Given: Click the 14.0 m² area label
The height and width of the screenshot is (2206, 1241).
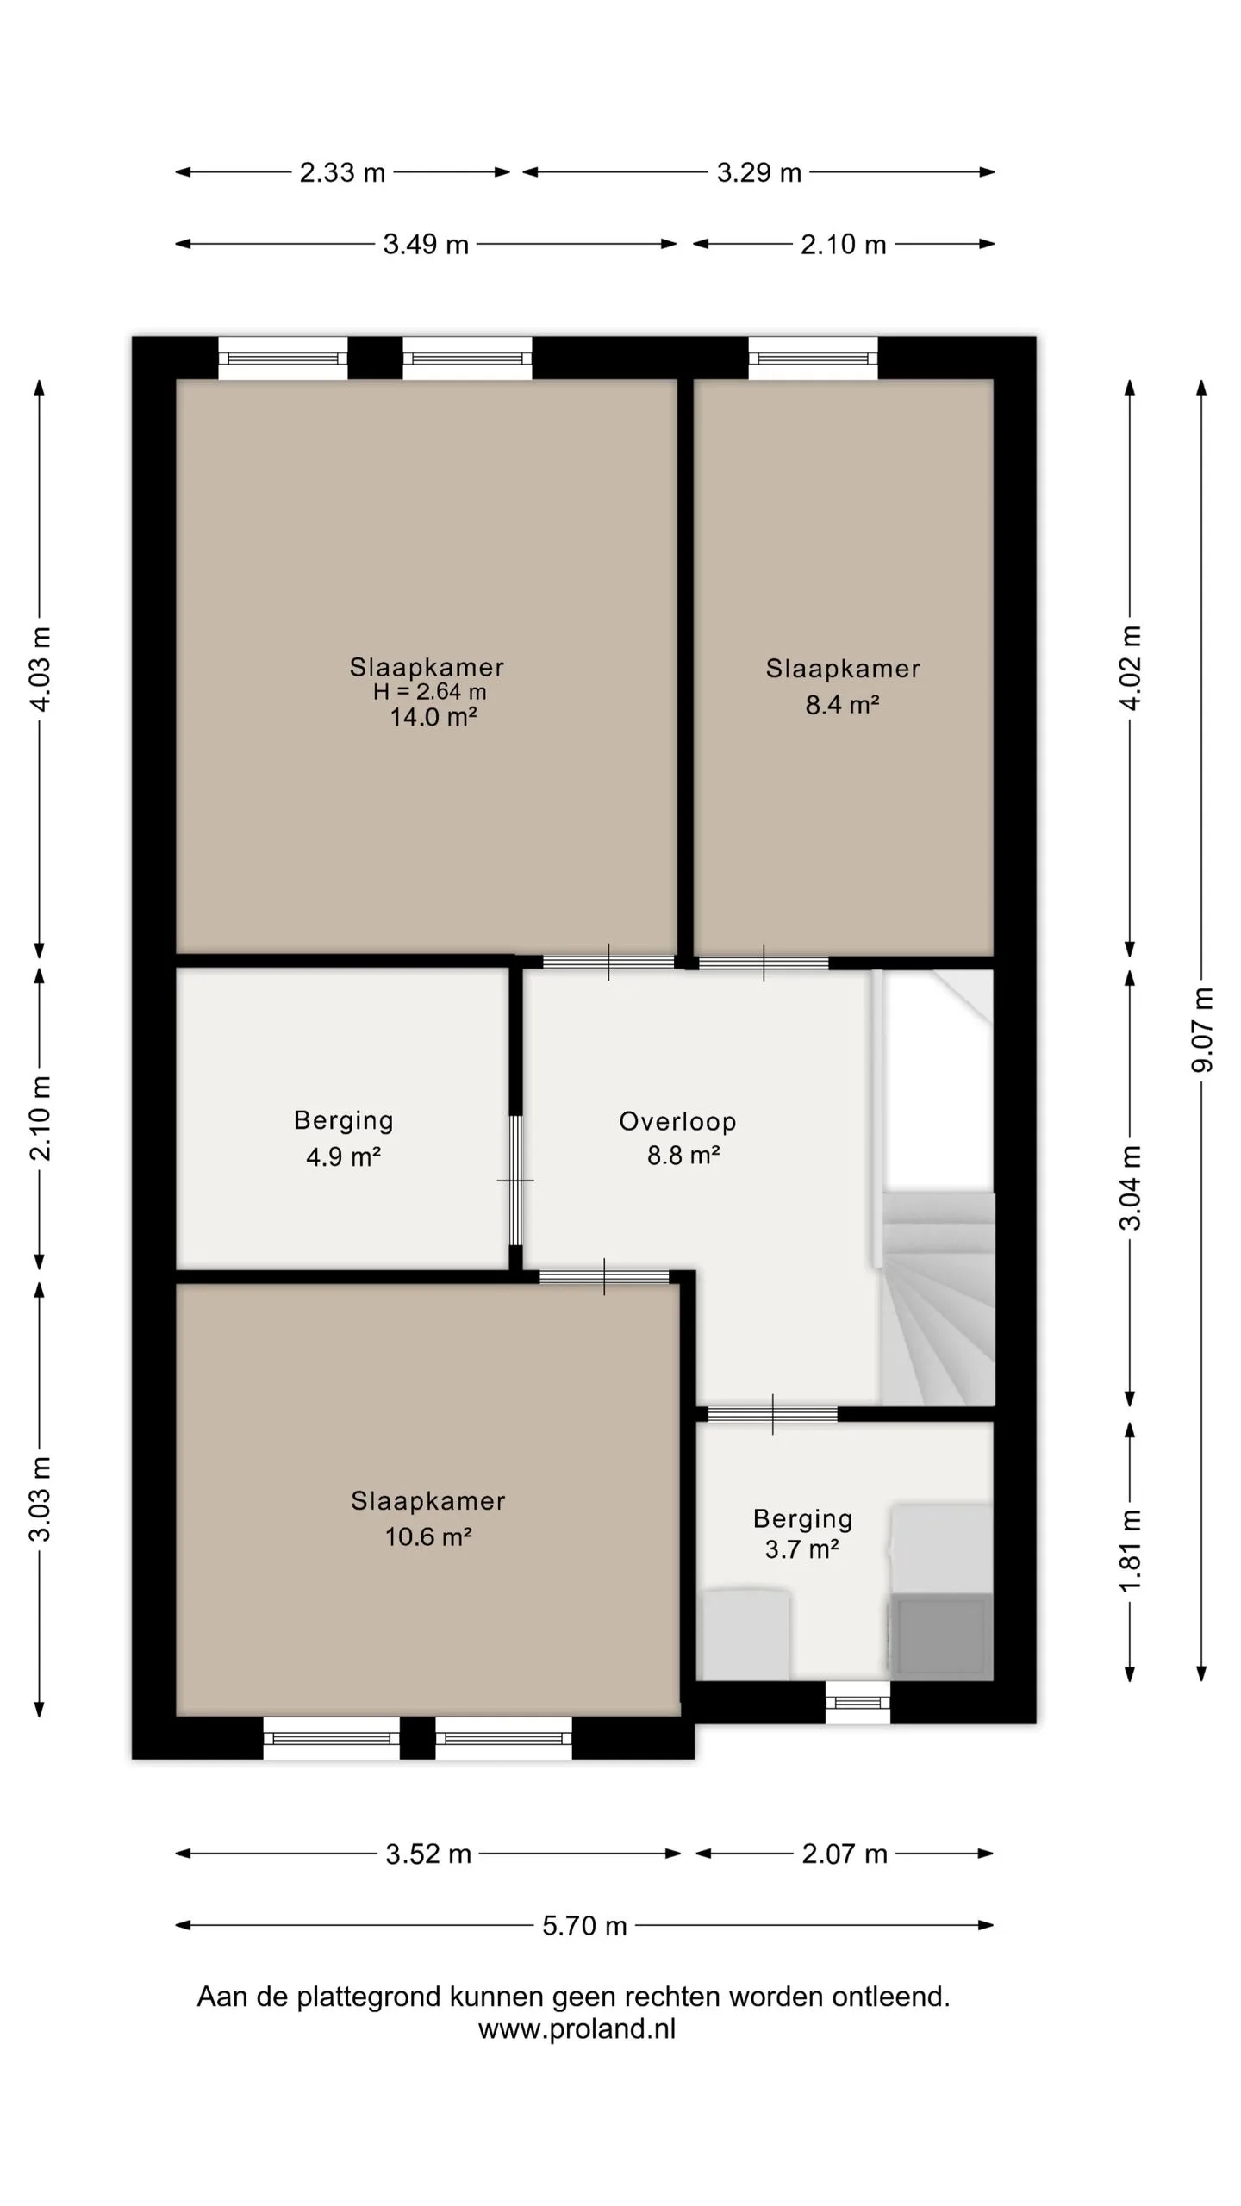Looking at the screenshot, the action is pos(433,717).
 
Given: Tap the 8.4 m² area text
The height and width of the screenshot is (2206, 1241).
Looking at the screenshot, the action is pos(842,705).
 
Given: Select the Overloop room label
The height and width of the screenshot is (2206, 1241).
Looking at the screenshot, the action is pos(677,1121).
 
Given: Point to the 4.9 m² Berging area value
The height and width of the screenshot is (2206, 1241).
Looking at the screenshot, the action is pos(343,1156).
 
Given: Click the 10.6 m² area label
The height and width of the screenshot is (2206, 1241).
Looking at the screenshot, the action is pos(428,1536).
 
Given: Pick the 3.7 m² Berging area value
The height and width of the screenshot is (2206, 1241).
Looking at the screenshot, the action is pos(801,1549).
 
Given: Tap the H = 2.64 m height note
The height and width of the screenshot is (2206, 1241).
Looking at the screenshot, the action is pos(429,692).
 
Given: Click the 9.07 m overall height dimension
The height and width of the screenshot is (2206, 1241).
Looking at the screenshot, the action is pos(1202,1031).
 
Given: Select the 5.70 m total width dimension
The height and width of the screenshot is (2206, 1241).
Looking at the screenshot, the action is pos(584,1926).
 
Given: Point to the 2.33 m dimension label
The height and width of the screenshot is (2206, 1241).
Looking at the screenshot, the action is pos(342,173).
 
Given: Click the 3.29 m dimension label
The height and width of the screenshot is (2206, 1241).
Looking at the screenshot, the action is pos(759,173).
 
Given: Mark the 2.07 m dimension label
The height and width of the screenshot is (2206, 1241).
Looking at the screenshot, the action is pos(845,1854).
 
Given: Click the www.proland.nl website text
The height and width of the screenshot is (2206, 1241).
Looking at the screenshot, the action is pos(577,2029).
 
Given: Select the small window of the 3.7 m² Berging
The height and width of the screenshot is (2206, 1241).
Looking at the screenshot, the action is pos(857,1703).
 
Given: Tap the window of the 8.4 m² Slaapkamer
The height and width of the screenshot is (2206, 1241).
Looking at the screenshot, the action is pos(813,358).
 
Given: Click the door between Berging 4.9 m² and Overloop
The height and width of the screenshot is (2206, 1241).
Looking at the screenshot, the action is pos(515,1181).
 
